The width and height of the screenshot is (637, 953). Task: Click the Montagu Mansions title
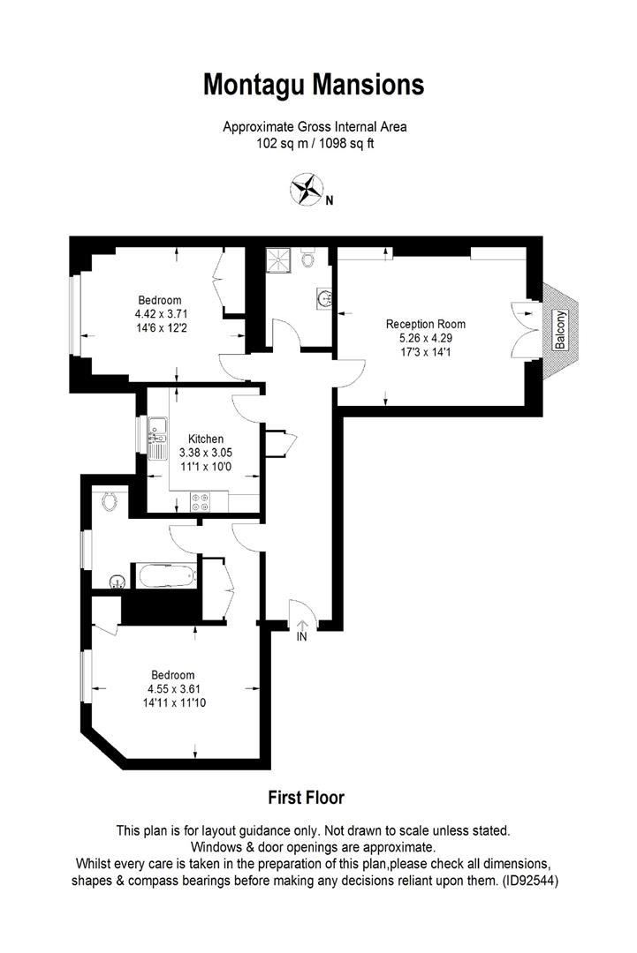(x=314, y=86)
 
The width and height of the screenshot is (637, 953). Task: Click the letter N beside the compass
(x=330, y=200)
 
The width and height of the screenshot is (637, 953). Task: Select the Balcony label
(x=559, y=330)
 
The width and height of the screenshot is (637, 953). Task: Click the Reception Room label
(x=426, y=324)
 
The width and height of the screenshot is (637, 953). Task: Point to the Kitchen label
(x=206, y=439)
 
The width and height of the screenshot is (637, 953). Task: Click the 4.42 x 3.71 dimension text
(x=161, y=313)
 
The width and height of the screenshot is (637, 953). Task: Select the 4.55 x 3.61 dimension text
(x=172, y=689)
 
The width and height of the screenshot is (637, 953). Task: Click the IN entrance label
(x=302, y=636)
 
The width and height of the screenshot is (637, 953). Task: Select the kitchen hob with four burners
(x=200, y=502)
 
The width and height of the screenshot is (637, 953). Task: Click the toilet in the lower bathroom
(x=110, y=500)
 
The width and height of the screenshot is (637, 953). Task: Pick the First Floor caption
(x=306, y=798)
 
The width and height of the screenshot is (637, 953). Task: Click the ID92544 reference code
(x=527, y=881)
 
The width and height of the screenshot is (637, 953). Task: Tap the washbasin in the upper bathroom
(x=322, y=300)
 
